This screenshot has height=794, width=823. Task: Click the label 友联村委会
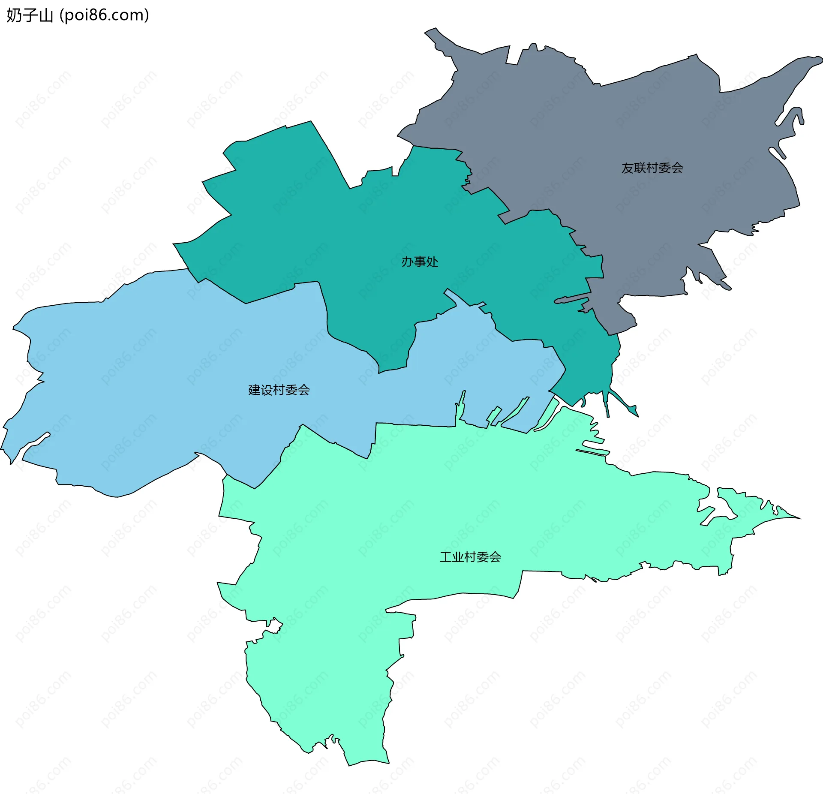tap(652, 168)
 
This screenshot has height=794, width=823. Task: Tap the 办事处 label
tap(420, 262)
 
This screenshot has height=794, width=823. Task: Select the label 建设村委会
tap(279, 390)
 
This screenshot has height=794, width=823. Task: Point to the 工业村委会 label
tap(470, 557)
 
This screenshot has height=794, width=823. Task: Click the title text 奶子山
tap(29, 15)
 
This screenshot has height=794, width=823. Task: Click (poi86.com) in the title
tap(104, 15)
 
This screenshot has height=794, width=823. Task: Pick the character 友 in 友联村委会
tap(628, 168)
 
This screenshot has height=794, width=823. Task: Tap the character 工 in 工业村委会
tap(446, 557)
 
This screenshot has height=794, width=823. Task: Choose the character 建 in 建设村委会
tap(255, 390)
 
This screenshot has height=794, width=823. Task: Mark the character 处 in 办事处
tap(432, 262)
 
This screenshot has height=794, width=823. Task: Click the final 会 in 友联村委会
tap(677, 168)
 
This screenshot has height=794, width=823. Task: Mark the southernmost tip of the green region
tap(349, 764)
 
